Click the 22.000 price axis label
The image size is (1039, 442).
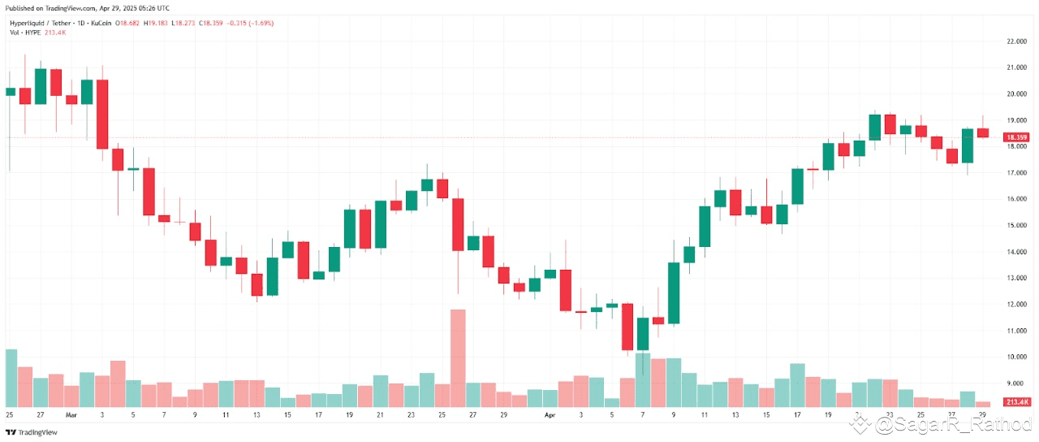(x=1016, y=41)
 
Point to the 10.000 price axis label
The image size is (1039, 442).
(x=1016, y=357)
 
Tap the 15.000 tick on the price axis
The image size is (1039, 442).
(x=1016, y=225)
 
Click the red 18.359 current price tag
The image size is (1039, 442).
(x=1017, y=137)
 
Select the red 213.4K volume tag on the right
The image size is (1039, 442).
(x=1017, y=402)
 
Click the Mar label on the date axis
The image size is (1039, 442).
(x=71, y=414)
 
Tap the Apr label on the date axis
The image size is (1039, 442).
(x=550, y=414)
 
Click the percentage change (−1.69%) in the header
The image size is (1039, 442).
(x=261, y=24)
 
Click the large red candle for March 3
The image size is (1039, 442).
(x=102, y=114)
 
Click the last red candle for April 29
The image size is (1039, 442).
(x=983, y=132)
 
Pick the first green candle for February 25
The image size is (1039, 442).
(x=10, y=92)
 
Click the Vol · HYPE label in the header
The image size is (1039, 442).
(x=26, y=32)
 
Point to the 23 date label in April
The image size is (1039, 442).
(x=890, y=414)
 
